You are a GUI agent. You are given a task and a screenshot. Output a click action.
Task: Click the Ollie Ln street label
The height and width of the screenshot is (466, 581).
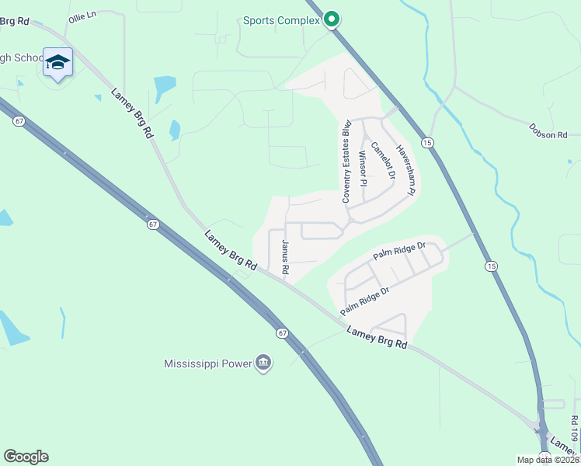(82, 16)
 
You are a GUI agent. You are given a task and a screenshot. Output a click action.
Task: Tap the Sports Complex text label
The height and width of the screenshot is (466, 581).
(281, 20)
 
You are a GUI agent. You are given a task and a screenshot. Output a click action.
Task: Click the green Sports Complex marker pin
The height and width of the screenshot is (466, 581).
(332, 19)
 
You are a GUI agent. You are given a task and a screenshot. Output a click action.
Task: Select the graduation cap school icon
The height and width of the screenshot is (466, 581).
(57, 62)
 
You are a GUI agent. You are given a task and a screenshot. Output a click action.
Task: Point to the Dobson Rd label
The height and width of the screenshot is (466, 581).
(548, 134)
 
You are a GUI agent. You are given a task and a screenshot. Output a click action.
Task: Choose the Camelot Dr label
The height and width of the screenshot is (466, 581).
(382, 161)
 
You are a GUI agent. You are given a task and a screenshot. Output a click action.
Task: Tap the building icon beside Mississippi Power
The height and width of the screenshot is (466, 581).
(263, 363)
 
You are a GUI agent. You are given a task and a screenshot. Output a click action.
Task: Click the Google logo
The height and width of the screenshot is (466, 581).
(26, 457)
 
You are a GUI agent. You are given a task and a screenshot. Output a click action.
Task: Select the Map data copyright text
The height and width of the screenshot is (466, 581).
(547, 460)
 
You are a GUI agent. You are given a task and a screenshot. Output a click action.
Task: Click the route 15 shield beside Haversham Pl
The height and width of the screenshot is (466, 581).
(427, 142)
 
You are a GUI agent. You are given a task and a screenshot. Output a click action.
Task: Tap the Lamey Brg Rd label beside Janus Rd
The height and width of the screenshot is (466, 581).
(230, 250)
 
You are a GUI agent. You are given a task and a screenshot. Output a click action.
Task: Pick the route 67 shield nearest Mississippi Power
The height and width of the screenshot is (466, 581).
(281, 332)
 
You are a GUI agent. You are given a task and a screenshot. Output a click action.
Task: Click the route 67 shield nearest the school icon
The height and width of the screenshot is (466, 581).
(19, 121)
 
